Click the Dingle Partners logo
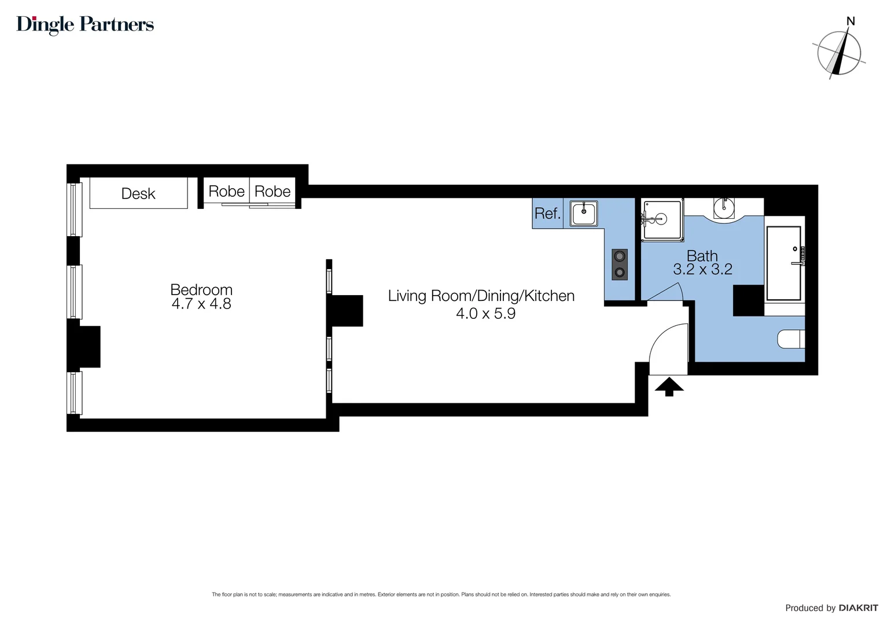pyautogui.click(x=85, y=24)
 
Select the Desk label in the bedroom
pyautogui.click(x=138, y=193)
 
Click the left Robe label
pyautogui.click(x=226, y=192)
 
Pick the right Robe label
pyautogui.click(x=272, y=192)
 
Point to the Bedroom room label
pyautogui.click(x=201, y=289)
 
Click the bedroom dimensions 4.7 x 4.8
pyautogui.click(x=201, y=304)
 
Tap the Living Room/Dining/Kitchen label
pyautogui.click(x=481, y=296)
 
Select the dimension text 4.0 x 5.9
pyautogui.click(x=485, y=314)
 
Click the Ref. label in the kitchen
pyautogui.click(x=547, y=214)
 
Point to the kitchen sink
pyautogui.click(x=584, y=213)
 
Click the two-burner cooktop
pyautogui.click(x=620, y=264)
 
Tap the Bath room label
pyautogui.click(x=702, y=255)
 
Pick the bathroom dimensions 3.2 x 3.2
pyautogui.click(x=702, y=269)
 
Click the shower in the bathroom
pyautogui.click(x=662, y=220)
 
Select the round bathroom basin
pyautogui.click(x=723, y=208)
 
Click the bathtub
pyautogui.click(x=784, y=263)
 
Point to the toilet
pyautogui.click(x=791, y=339)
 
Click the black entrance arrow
pyautogui.click(x=669, y=386)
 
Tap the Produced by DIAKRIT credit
pyautogui.click(x=831, y=608)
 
